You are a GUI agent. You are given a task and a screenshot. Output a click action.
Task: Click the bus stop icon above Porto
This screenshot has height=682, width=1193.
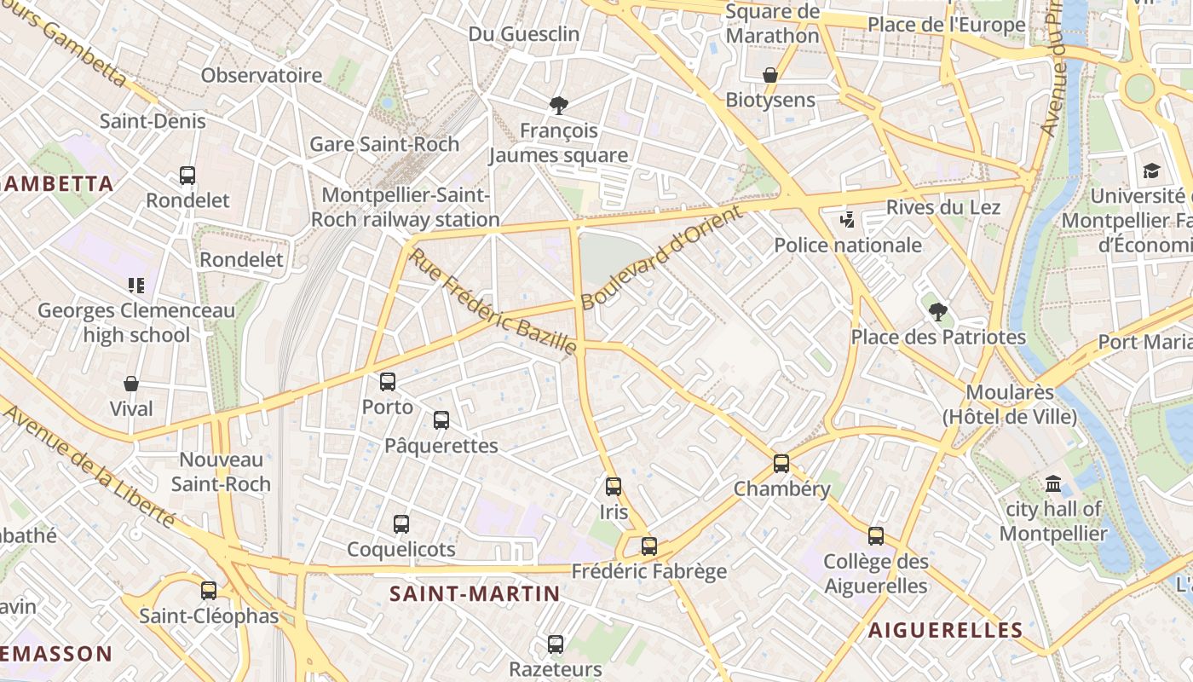tap(388, 382)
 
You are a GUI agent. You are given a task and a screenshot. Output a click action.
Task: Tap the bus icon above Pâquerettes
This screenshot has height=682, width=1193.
tap(441, 420)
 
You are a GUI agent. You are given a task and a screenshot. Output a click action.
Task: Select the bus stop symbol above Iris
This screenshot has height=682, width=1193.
tap(614, 487)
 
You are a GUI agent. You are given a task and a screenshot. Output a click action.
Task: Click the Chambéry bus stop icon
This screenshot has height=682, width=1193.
tap(781, 464)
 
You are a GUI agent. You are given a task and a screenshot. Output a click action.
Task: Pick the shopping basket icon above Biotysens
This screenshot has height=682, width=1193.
tap(770, 76)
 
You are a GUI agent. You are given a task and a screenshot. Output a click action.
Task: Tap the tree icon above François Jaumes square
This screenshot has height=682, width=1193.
tap(559, 106)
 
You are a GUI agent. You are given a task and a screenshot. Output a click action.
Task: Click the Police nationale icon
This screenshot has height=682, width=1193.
tap(847, 220)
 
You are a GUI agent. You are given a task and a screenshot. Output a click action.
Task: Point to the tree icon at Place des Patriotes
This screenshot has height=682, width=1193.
tap(938, 312)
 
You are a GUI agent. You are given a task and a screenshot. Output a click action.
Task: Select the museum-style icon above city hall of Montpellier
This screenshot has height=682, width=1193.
tap(1053, 485)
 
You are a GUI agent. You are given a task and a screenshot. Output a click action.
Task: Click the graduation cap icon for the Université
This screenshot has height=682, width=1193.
tap(1151, 171)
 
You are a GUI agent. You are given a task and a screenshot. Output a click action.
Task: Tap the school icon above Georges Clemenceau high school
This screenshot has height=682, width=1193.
tap(136, 285)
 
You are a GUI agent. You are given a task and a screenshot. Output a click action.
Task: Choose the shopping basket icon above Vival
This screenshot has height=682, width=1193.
tap(131, 384)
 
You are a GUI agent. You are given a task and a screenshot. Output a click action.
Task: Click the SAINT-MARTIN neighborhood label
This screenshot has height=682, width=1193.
tap(475, 594)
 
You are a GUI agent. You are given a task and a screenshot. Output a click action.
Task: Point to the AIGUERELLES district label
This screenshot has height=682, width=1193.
tap(945, 631)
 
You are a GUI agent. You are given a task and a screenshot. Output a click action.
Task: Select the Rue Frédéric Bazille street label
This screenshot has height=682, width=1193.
tap(493, 300)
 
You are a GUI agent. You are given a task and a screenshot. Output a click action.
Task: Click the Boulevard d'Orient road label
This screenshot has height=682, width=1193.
tap(662, 258)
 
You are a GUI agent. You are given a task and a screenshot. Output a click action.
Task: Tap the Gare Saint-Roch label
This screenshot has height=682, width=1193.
tap(384, 144)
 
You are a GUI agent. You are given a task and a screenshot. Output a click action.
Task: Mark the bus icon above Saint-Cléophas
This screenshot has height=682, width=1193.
tap(209, 590)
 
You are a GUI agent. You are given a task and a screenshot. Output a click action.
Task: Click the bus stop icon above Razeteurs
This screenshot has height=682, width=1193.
tap(556, 644)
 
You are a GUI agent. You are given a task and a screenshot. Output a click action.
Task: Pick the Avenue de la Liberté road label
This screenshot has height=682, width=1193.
tap(90, 466)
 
